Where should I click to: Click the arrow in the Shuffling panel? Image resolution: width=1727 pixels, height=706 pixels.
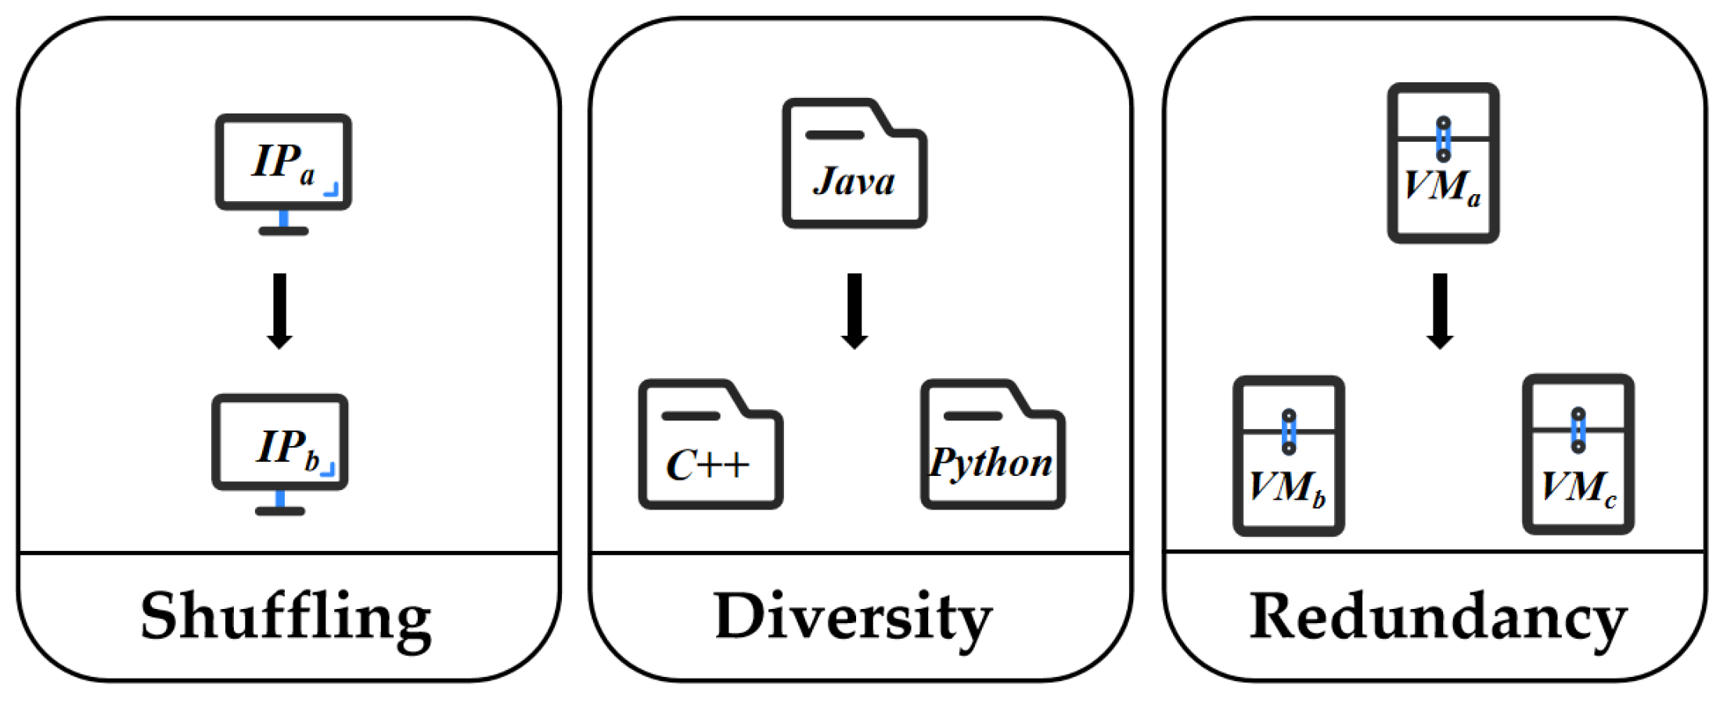(279, 310)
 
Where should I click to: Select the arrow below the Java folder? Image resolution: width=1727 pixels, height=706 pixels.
(855, 310)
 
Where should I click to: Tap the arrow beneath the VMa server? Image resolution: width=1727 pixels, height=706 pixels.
(1440, 310)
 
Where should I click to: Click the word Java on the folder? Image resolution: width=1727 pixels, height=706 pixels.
(854, 182)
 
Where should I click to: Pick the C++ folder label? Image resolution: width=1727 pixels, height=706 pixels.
(707, 465)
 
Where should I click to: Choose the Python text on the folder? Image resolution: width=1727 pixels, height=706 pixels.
(991, 463)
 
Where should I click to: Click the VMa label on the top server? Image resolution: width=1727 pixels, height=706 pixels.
(1441, 187)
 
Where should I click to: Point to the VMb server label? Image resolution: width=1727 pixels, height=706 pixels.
(1287, 488)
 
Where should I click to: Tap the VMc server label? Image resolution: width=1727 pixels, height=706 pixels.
(1578, 488)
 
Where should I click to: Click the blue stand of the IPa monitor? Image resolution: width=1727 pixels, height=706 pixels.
(284, 218)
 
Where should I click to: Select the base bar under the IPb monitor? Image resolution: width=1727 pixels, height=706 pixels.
(279, 511)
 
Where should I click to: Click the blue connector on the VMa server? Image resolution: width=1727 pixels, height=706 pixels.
(1443, 139)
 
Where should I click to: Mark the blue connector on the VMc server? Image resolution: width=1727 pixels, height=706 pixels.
(1578, 430)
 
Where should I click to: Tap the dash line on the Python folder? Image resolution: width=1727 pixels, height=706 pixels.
(973, 416)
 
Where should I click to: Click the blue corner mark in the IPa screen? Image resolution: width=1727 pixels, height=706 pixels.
(332, 189)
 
